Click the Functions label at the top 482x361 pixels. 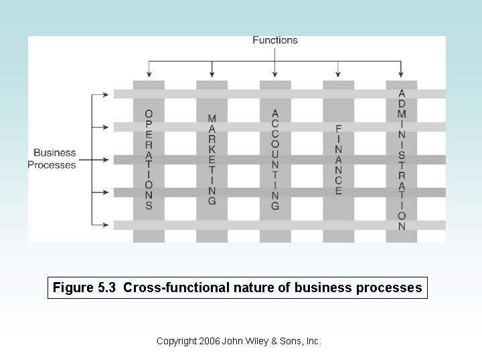[274, 40]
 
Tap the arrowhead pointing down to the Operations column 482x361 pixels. [149, 73]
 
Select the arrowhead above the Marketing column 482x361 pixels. [212, 73]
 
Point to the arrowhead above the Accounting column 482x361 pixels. [275, 73]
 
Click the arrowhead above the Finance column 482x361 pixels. [339, 73]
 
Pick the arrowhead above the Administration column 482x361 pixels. [402, 73]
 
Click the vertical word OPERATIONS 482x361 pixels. [149, 160]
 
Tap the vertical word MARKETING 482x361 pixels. [212, 160]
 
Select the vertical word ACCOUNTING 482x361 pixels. [275, 160]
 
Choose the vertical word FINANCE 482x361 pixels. [339, 160]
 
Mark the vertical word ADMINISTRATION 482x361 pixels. [402, 160]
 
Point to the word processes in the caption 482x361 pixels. [388, 288]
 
